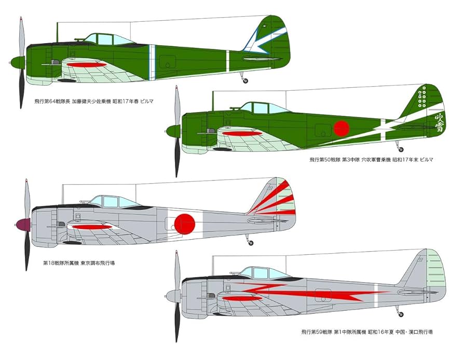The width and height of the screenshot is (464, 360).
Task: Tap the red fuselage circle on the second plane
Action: point(341,128)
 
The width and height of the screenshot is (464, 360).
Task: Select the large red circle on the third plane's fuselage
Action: point(184,223)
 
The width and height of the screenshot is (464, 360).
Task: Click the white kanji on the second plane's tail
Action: point(438,123)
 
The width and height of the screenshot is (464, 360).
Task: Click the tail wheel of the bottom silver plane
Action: point(400,314)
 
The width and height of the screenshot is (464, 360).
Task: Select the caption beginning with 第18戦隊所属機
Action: point(78,263)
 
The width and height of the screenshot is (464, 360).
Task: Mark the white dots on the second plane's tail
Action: point(422,98)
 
